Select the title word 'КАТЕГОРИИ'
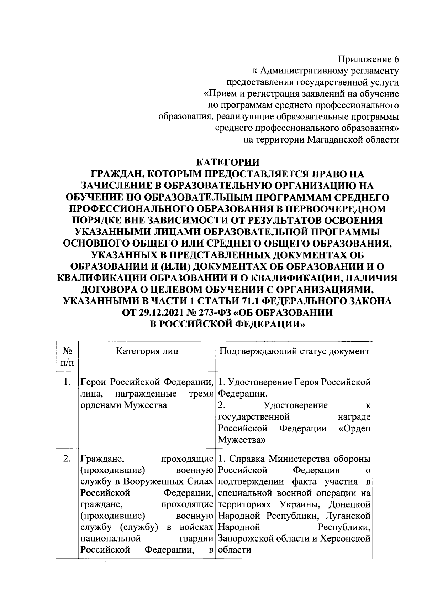click(228, 162)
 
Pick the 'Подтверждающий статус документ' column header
click(294, 352)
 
